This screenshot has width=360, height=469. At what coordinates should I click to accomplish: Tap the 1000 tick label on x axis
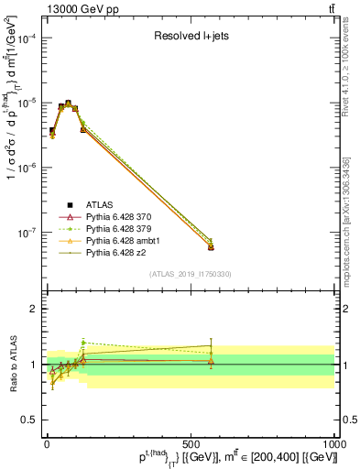pos(332,444)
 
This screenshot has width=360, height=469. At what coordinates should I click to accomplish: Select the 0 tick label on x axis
pos(47,444)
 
